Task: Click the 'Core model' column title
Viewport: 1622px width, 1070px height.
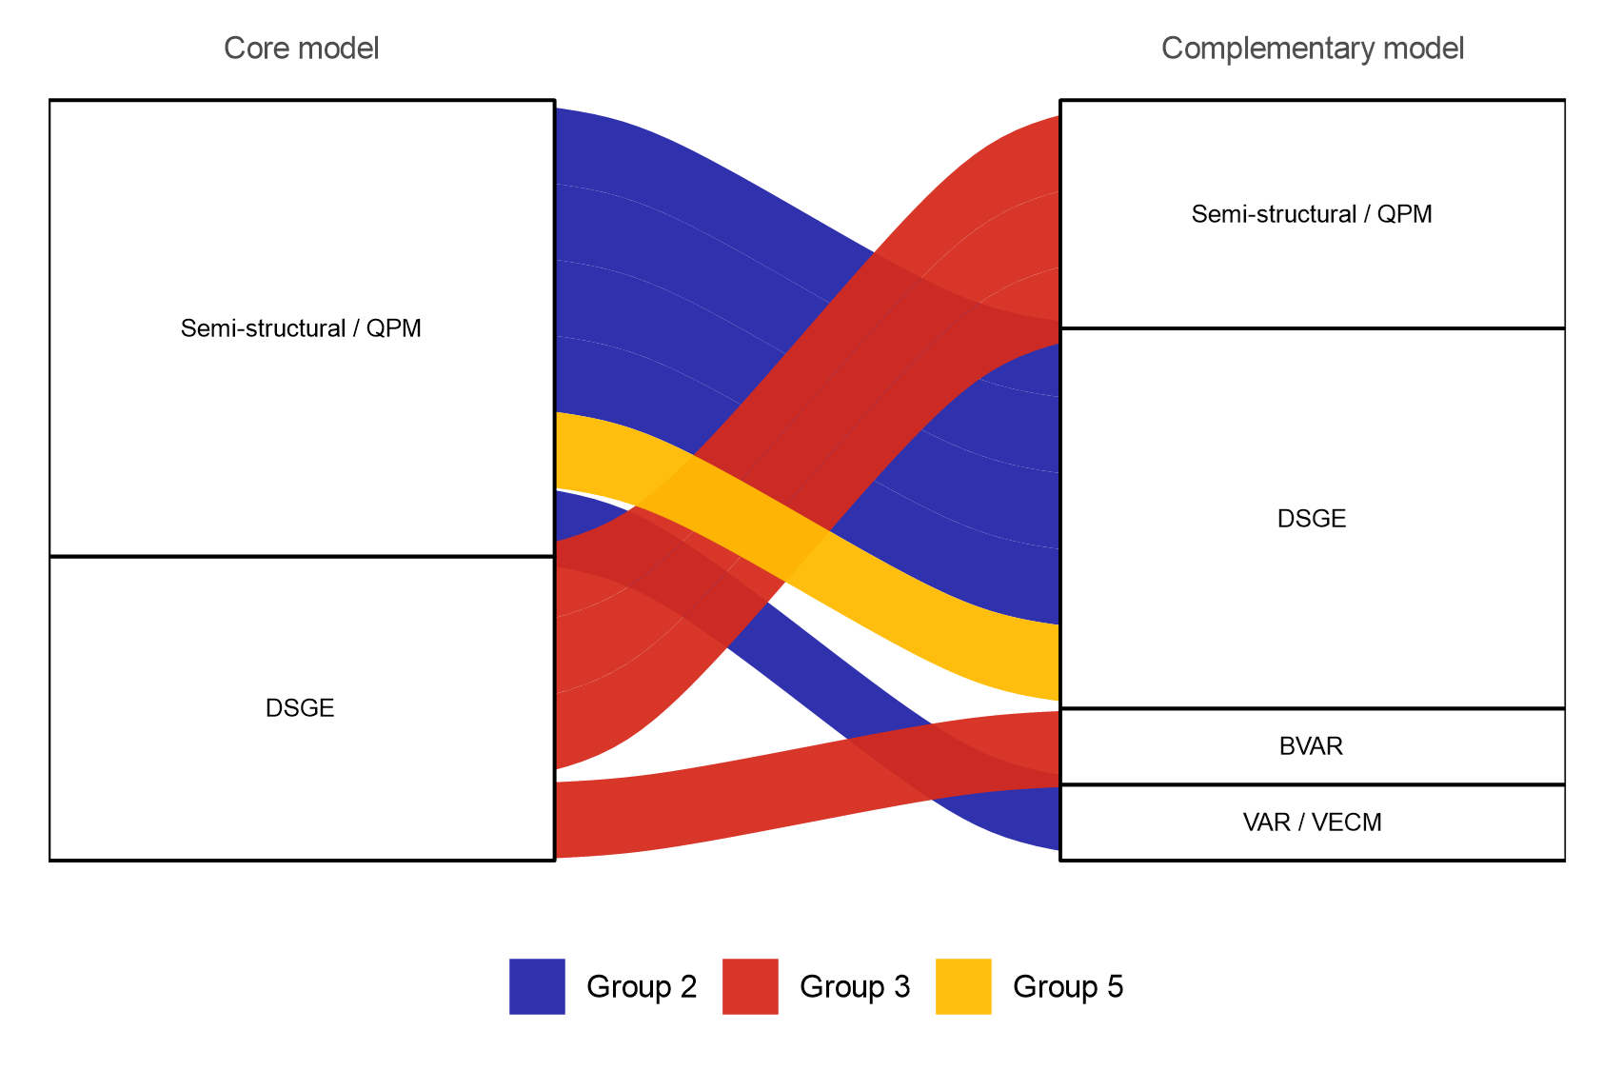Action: (301, 48)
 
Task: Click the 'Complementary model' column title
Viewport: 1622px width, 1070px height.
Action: (1312, 48)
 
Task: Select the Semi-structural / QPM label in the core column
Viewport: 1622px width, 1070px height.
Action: (301, 328)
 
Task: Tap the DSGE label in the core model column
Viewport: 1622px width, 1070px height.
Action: (300, 708)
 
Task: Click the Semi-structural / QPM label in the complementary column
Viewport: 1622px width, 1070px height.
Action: (1312, 214)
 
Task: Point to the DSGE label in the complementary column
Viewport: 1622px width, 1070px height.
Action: (1312, 519)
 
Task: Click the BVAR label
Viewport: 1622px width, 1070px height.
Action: (1311, 746)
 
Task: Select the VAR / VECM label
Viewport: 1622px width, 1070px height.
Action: (1312, 822)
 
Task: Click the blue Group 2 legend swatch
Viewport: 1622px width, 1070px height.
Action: (537, 986)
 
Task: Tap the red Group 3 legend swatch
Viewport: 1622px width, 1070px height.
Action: (750, 986)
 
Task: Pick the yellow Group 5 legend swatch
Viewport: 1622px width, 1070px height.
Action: (963, 986)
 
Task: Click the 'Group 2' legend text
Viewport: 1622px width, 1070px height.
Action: (642, 986)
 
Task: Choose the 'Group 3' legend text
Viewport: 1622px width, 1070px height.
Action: (855, 986)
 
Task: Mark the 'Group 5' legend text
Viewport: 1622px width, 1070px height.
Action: (1068, 986)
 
